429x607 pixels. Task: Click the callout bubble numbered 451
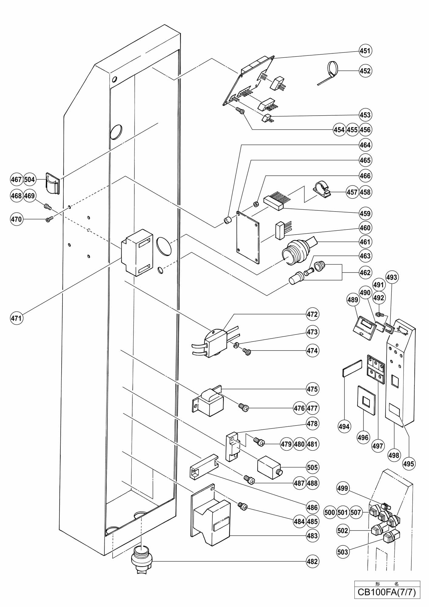(365, 51)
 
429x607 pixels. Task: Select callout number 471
(16, 318)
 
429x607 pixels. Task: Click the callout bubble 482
(312, 561)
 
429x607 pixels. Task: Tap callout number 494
(344, 426)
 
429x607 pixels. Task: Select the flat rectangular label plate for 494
(352, 368)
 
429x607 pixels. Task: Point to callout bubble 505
(312, 467)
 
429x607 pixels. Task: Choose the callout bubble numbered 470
(16, 219)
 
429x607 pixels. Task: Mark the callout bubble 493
(392, 277)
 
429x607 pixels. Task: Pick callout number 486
(312, 507)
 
